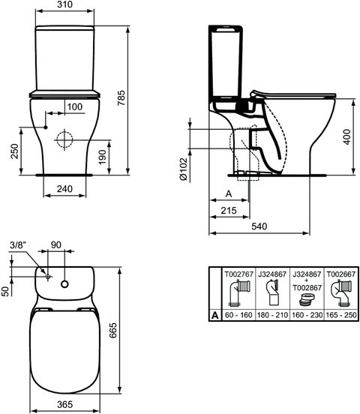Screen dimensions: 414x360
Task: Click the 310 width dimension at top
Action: coord(65,6)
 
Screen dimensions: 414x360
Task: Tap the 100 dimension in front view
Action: coord(74,106)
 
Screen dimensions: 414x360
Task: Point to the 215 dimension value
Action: coord(230,211)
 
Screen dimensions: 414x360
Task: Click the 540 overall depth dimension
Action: coord(260,225)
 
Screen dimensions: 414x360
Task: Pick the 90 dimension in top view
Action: coord(56,244)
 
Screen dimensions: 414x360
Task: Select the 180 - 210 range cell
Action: coord(270,317)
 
